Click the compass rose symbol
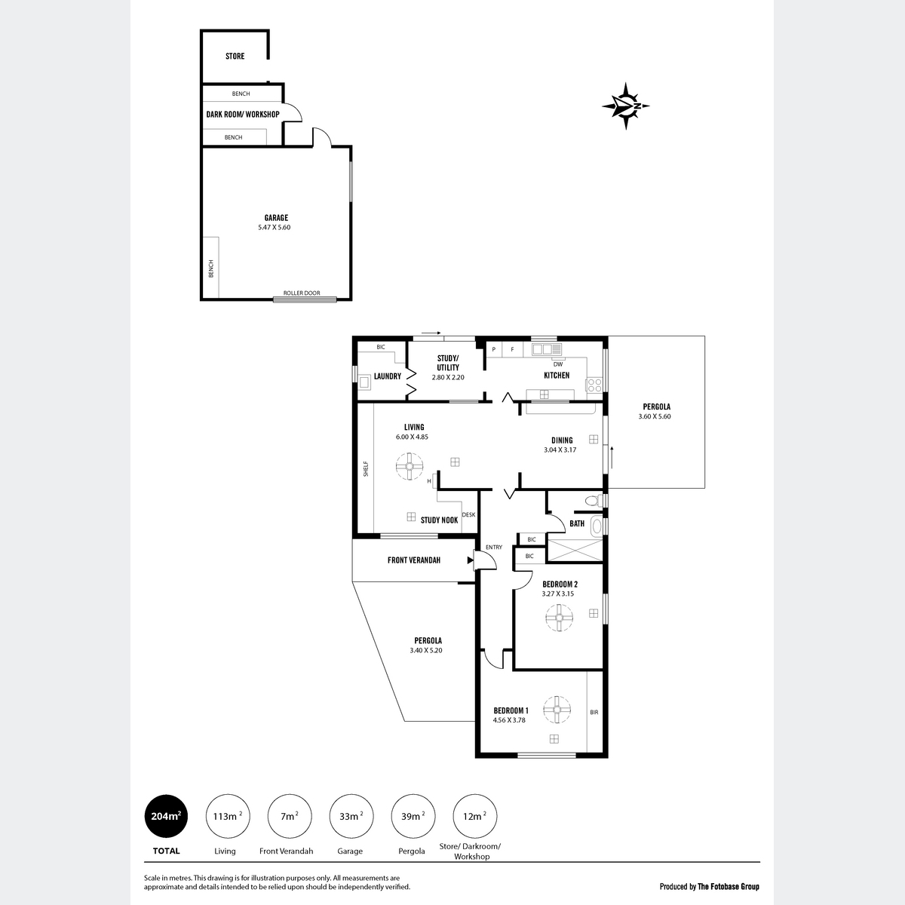pyautogui.click(x=625, y=106)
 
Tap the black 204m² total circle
pyautogui.click(x=166, y=816)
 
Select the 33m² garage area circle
pyautogui.click(x=351, y=816)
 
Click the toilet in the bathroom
pyautogui.click(x=594, y=500)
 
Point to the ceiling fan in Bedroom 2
pyautogui.click(x=559, y=618)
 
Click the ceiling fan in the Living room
pyautogui.click(x=409, y=466)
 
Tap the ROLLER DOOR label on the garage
pyautogui.click(x=302, y=293)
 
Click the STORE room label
pyautogui.click(x=235, y=57)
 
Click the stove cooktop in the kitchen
pyautogui.click(x=594, y=385)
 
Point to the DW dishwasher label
pyautogui.click(x=558, y=364)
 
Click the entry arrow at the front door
pyautogui.click(x=470, y=560)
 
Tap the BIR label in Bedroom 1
pyautogui.click(x=594, y=712)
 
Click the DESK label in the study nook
pyautogui.click(x=468, y=515)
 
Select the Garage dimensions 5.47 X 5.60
pyautogui.click(x=275, y=227)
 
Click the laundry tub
pyautogui.click(x=364, y=382)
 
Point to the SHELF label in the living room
pyautogui.click(x=366, y=468)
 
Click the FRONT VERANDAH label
pyautogui.click(x=414, y=560)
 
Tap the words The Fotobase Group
pyautogui.click(x=729, y=887)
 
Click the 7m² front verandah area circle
pyautogui.click(x=290, y=816)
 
